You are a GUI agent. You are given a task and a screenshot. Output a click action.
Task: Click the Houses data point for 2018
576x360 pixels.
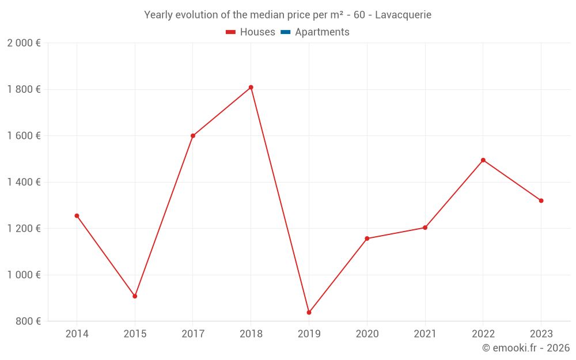251,88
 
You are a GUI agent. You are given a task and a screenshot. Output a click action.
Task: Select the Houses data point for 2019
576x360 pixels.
309,313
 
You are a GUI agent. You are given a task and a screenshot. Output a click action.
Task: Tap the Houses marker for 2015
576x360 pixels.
135,296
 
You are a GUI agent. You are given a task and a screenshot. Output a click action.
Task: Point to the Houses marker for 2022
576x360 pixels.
483,160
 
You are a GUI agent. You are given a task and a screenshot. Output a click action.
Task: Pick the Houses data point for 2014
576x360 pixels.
77,216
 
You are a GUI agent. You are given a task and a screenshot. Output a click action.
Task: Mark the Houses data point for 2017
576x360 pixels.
193,136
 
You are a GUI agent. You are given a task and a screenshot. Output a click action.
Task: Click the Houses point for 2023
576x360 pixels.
541,200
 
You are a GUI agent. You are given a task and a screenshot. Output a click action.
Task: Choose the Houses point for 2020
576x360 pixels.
367,238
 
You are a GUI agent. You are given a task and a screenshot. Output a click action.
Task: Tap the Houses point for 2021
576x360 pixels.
425,228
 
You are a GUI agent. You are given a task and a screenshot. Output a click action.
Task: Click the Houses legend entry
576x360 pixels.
251,32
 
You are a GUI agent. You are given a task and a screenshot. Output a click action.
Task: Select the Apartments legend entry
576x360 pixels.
315,32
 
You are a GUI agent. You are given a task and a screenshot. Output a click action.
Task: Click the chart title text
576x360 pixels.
287,15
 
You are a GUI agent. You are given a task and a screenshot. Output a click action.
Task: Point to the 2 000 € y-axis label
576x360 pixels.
24,43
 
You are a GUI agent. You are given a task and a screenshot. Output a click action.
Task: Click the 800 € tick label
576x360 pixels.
28,321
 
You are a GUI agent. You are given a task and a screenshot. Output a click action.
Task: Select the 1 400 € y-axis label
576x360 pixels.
24,182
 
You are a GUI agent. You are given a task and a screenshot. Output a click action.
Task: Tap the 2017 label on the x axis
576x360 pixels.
193,334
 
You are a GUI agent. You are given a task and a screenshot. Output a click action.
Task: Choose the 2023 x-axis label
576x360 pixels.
541,334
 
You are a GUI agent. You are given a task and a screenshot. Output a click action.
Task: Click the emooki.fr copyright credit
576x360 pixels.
526,348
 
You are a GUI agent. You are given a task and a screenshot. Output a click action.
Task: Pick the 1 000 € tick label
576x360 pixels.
24,275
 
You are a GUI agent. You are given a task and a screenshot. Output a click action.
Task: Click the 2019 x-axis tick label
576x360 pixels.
309,334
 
